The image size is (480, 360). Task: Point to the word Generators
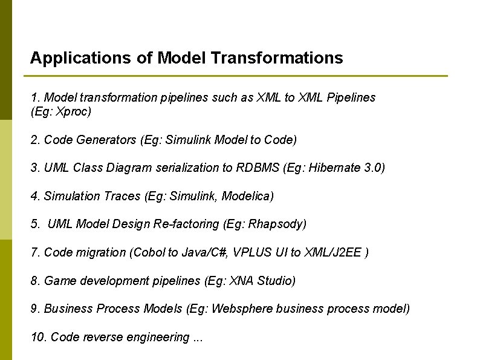point(106,140)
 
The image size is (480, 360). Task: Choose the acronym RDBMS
point(258,168)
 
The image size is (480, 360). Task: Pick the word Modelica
point(250,196)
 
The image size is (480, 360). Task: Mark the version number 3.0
point(375,168)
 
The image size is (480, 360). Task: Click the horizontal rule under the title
point(236,76)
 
